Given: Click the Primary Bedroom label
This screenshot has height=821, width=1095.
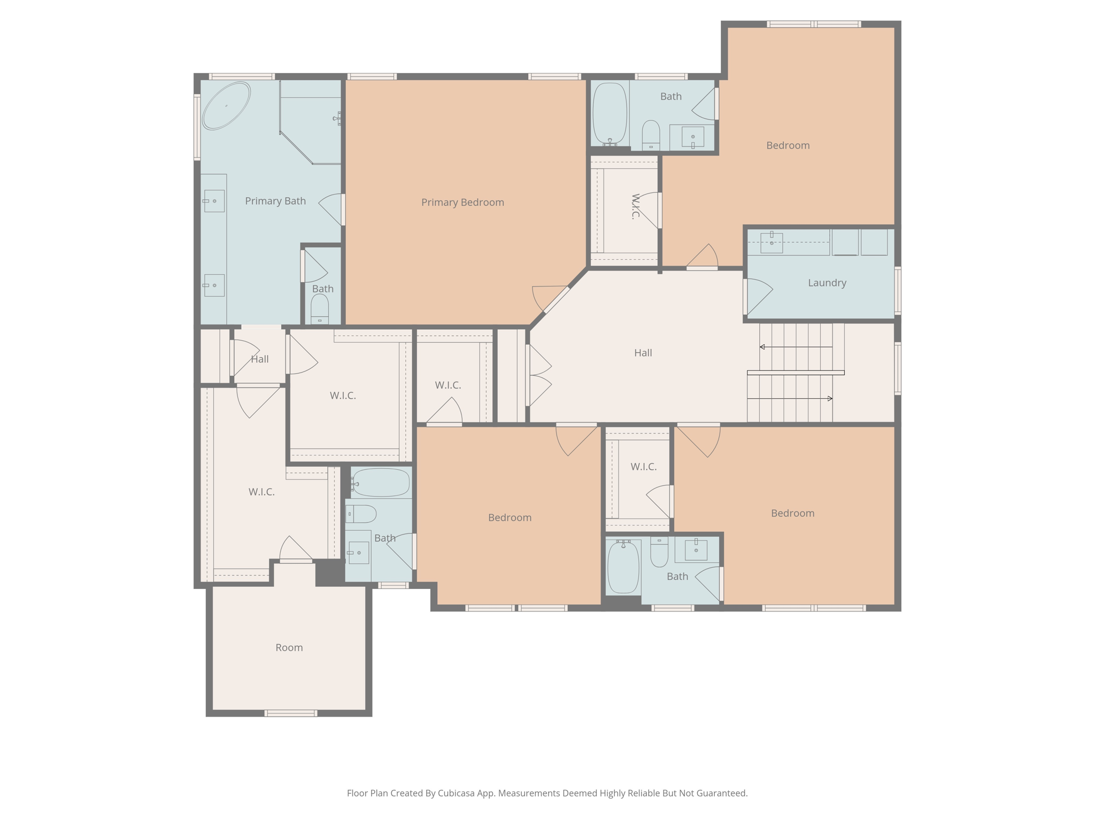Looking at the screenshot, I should point(462,202).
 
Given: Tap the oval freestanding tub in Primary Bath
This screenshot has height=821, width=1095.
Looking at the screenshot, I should point(226,106).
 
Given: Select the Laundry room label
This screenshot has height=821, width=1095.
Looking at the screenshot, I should point(827,283).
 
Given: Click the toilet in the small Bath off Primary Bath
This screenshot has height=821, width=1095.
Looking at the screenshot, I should point(320,309).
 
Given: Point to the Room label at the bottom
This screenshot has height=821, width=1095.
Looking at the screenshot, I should point(289,647).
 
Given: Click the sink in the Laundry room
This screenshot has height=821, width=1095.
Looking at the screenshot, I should point(771,243).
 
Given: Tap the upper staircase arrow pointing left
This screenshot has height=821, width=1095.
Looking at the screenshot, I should point(763,347).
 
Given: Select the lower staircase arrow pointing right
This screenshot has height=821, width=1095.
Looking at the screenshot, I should point(829,399).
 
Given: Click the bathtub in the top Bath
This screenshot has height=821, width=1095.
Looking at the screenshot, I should point(610,114).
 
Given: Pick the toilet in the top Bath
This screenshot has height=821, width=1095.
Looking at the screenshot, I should point(651,134).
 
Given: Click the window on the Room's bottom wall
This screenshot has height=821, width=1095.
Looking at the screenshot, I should point(291,713).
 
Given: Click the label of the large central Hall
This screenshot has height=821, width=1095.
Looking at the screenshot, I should point(643,353).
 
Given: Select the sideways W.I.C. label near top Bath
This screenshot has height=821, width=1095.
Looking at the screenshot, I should point(635,207).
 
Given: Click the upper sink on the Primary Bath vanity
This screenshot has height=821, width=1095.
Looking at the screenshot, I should point(214,201).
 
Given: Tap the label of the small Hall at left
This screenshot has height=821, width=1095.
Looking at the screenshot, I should point(260,359).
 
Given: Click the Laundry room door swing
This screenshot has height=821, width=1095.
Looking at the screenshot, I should point(758,296).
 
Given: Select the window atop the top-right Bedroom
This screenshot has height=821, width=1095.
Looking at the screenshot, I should point(813,24).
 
